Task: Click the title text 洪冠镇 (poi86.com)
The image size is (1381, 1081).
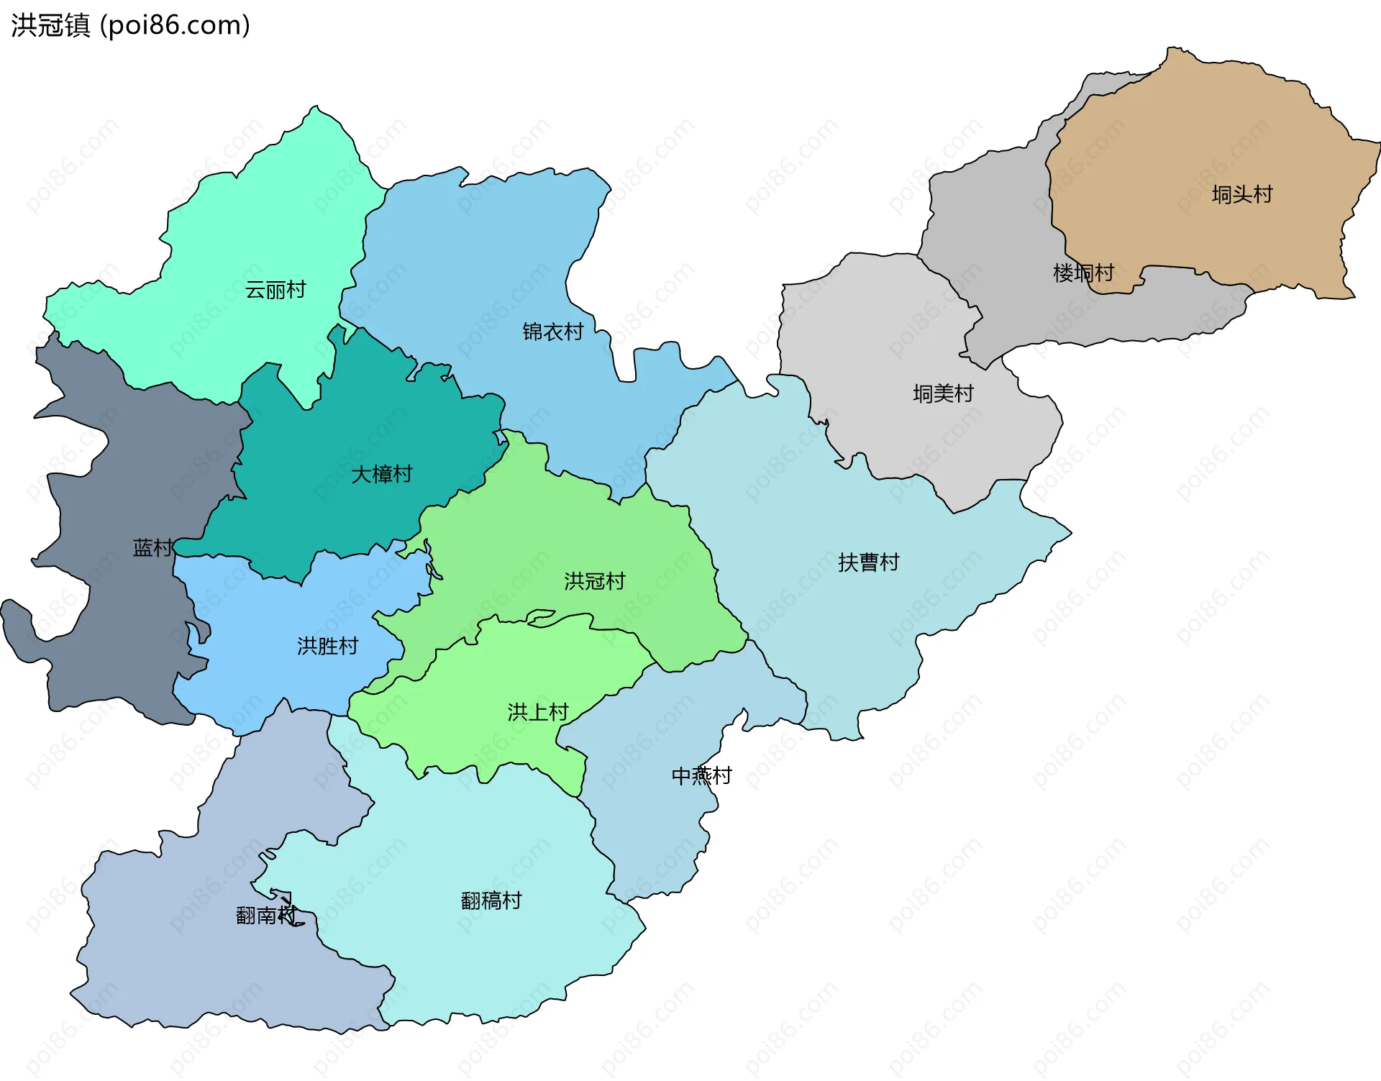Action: pyautogui.click(x=130, y=25)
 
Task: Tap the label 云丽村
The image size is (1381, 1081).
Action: pyautogui.click(x=275, y=290)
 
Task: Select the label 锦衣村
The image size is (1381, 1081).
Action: pyautogui.click(x=552, y=332)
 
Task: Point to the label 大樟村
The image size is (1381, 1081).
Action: pyautogui.click(x=381, y=474)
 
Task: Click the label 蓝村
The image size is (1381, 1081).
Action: pyautogui.click(x=152, y=548)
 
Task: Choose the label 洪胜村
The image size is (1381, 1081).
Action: pyautogui.click(x=327, y=646)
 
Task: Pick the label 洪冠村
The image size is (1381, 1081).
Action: pyautogui.click(x=594, y=580)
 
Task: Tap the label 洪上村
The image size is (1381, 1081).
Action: pyautogui.click(x=538, y=712)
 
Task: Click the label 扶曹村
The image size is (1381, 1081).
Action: pyautogui.click(x=868, y=562)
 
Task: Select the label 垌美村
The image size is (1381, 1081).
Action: pyautogui.click(x=943, y=393)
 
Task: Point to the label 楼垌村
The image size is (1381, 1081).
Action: pyautogui.click(x=1083, y=273)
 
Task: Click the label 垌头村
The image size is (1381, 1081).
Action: pyautogui.click(x=1241, y=194)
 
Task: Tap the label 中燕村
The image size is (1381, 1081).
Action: pyautogui.click(x=701, y=775)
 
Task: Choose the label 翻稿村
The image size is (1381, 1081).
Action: pyautogui.click(x=491, y=900)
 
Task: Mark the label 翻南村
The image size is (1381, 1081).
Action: pyautogui.click(x=265, y=915)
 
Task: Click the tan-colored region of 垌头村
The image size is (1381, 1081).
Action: pyautogui.click(x=1187, y=144)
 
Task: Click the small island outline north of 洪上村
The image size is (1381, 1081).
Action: pyautogui.click(x=541, y=617)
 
